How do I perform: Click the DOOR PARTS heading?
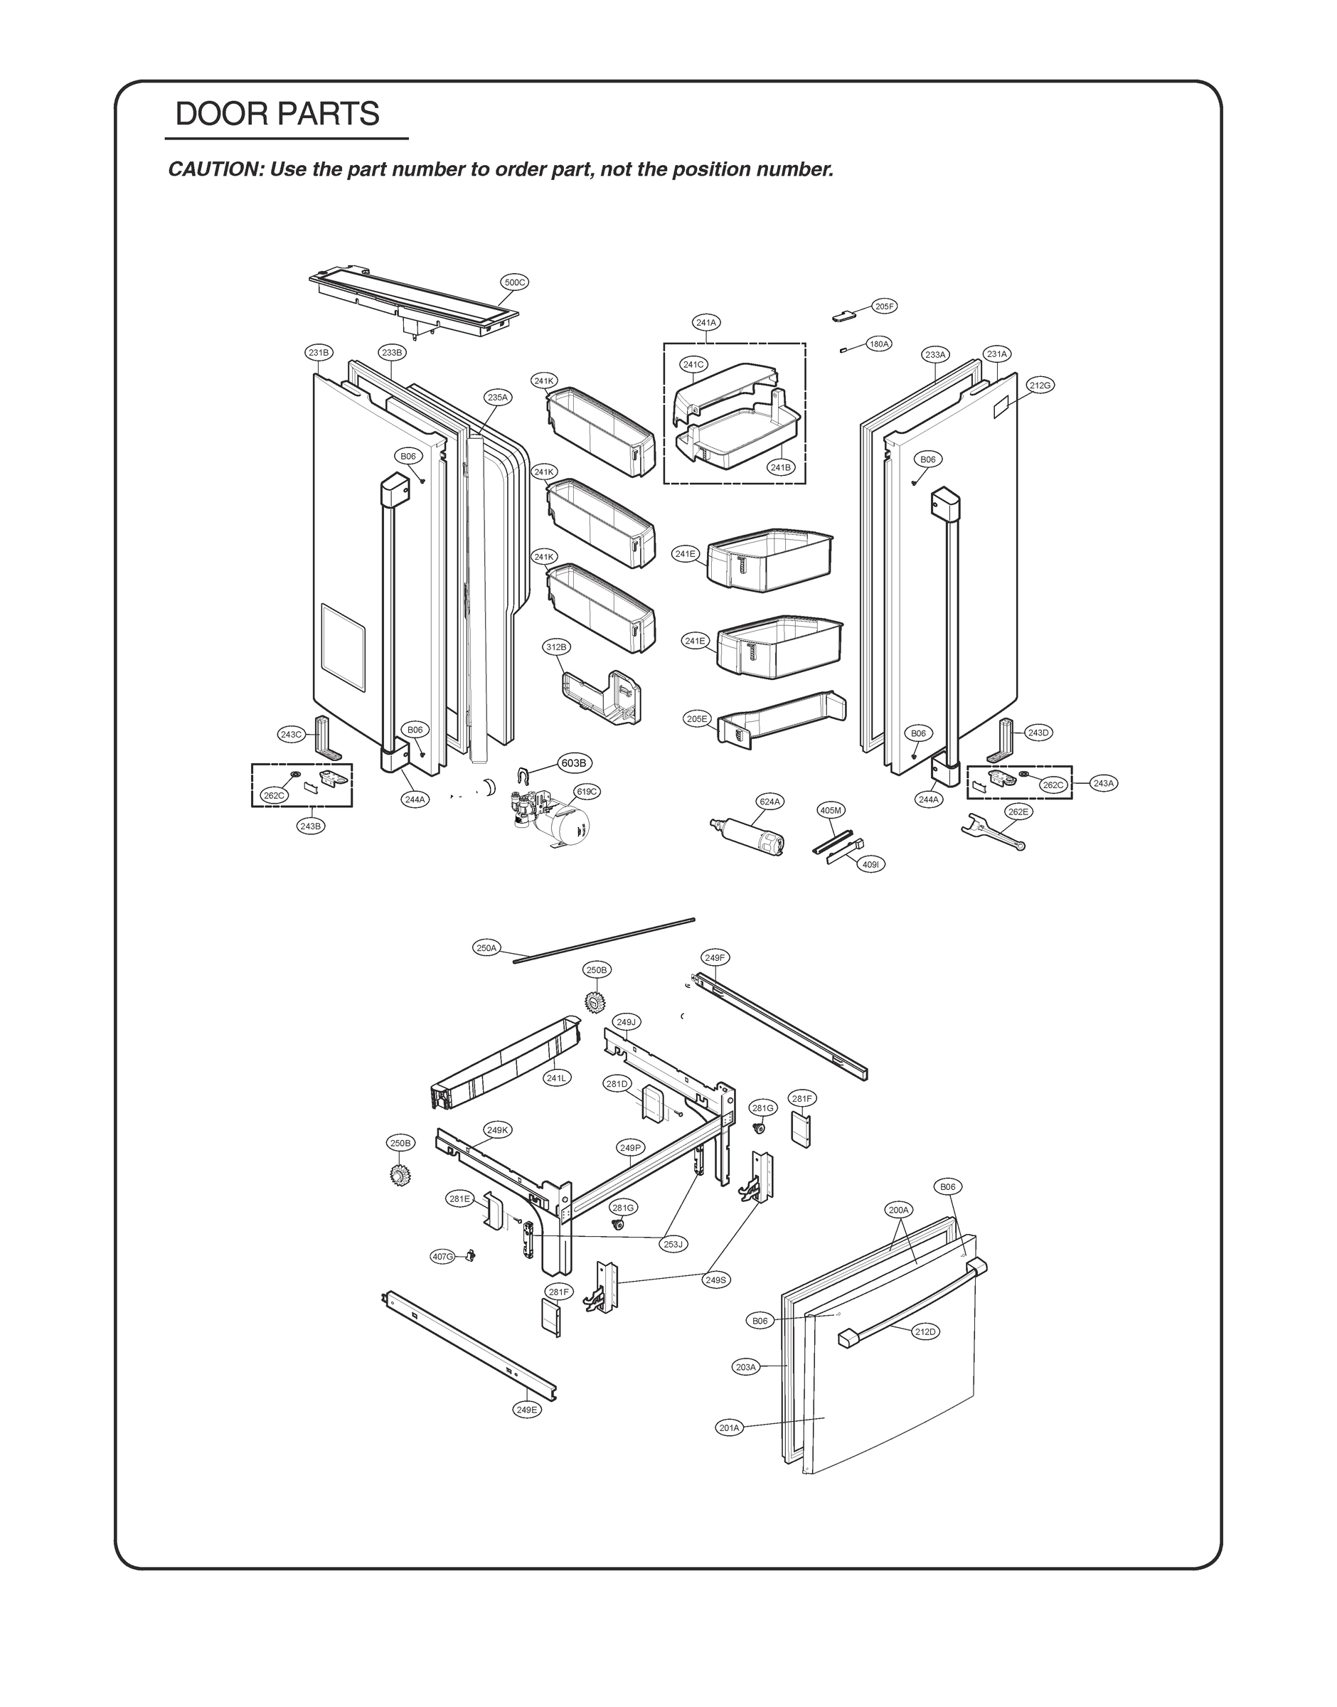[x=277, y=115]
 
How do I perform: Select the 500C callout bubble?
[x=514, y=282]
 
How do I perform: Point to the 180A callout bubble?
[x=879, y=344]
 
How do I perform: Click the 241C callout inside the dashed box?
[x=693, y=365]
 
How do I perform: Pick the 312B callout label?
[x=557, y=647]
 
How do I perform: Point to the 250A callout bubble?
[x=486, y=948]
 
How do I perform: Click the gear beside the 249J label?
[x=597, y=1001]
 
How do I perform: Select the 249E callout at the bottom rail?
[x=528, y=1410]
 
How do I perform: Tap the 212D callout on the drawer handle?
[x=925, y=1331]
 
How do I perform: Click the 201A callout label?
[x=729, y=1427]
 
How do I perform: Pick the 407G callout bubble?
[x=442, y=1257]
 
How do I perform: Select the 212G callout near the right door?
[x=1040, y=385]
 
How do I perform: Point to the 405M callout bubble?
[x=831, y=810]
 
